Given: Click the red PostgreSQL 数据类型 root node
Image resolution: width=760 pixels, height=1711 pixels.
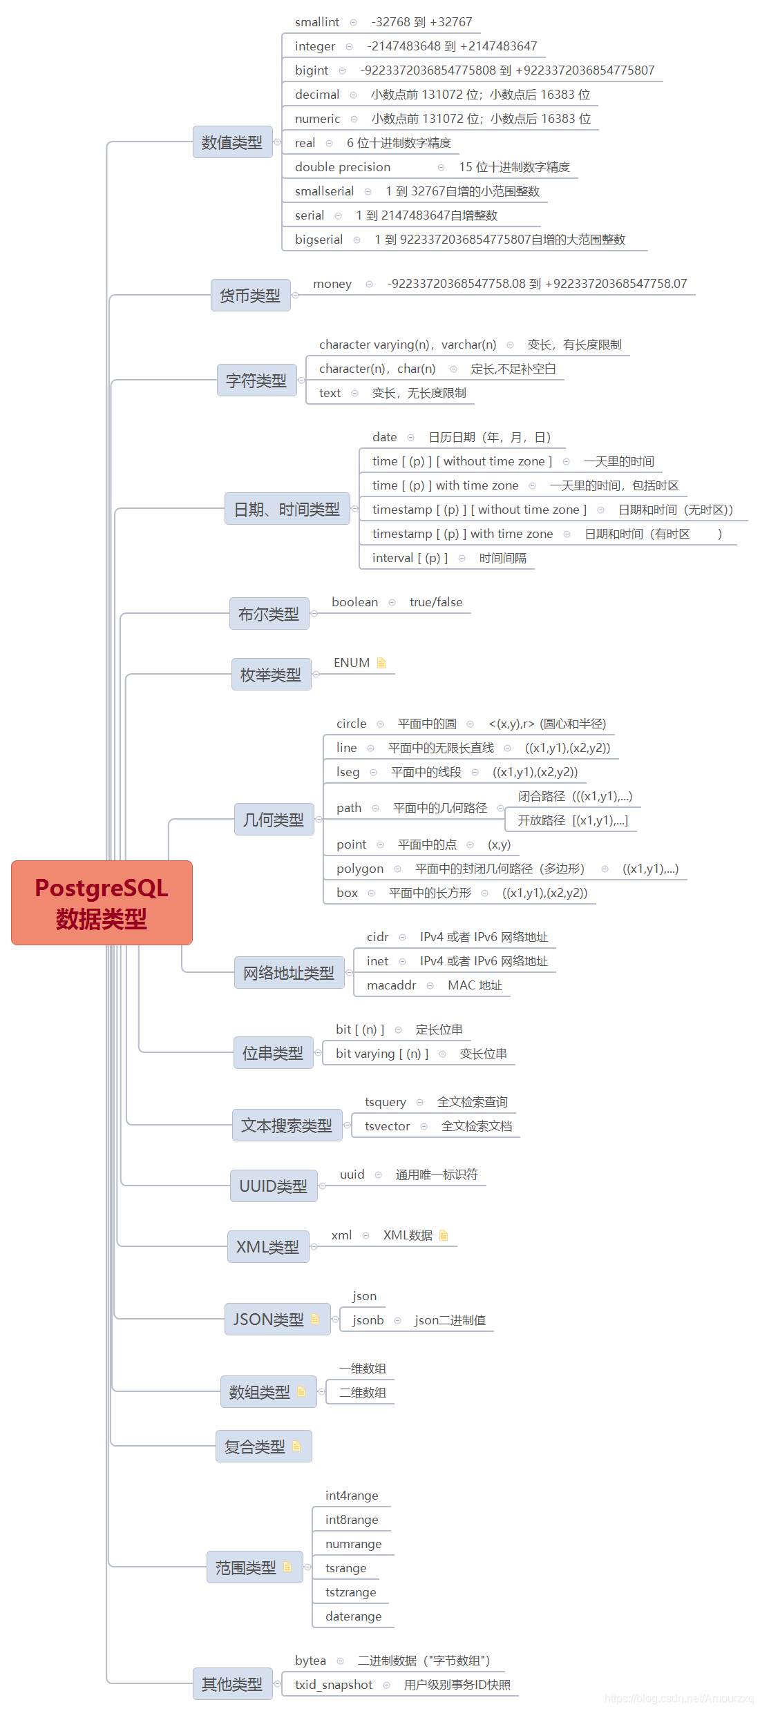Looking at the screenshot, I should pyautogui.click(x=102, y=902).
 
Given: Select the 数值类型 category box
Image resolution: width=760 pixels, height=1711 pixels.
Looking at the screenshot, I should pyautogui.click(x=232, y=142).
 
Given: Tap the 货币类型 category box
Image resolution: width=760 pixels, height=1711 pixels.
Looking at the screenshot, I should pyautogui.click(x=250, y=296).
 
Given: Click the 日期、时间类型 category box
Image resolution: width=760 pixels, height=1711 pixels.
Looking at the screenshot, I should pyautogui.click(x=287, y=509).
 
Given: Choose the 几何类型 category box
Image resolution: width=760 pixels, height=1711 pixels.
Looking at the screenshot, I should pyautogui.click(x=274, y=820).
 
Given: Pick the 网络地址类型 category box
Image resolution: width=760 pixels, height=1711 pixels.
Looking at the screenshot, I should pyautogui.click(x=289, y=973).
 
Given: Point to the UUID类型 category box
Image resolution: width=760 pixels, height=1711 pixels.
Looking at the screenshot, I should pyautogui.click(x=274, y=1186).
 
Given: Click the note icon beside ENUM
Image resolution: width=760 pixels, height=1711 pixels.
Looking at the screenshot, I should pyautogui.click(x=381, y=663).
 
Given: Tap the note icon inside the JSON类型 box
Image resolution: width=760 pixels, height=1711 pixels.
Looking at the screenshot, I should pyautogui.click(x=315, y=1319).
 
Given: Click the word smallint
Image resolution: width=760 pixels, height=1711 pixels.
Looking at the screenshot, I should pyautogui.click(x=317, y=22).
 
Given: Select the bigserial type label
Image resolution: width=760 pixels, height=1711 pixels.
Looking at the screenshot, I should pyautogui.click(x=319, y=240).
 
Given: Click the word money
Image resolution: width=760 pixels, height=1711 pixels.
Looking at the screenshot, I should pyautogui.click(x=332, y=284).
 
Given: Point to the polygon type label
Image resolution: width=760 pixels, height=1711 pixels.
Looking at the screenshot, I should pyautogui.click(x=360, y=869).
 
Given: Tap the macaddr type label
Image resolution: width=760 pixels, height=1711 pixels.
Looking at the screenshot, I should pyautogui.click(x=391, y=985).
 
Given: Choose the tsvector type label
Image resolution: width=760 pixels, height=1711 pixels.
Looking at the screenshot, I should pyautogui.click(x=387, y=1126).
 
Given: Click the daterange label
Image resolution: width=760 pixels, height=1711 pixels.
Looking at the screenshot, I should pyautogui.click(x=353, y=1616).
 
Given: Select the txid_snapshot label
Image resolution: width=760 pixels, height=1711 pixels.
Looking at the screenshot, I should pyautogui.click(x=334, y=1685).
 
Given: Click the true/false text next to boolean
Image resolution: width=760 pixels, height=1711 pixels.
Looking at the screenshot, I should pyautogui.click(x=436, y=602).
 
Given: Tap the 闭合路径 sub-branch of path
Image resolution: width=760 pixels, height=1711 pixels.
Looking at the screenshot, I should pyautogui.click(x=542, y=796).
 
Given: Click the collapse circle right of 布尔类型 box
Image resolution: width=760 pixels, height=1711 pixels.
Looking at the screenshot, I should pyautogui.click(x=314, y=614).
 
